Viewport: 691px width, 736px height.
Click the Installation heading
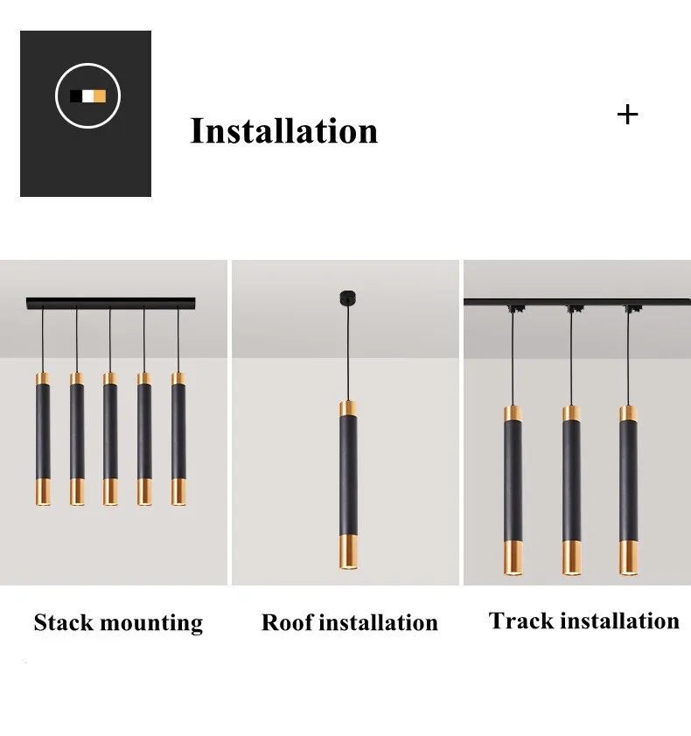(x=283, y=130)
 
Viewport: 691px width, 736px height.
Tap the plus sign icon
(x=628, y=115)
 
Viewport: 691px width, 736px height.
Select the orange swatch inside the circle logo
(x=100, y=96)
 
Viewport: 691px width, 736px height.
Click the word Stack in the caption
(x=64, y=622)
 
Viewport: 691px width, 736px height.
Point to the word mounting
(x=151, y=624)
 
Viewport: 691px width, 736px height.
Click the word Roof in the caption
(x=287, y=622)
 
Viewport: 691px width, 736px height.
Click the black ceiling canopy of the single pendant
(x=347, y=298)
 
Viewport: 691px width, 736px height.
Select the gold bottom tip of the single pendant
(x=348, y=551)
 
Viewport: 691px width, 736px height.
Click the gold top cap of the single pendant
(x=347, y=409)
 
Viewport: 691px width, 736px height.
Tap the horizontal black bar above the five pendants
(x=111, y=303)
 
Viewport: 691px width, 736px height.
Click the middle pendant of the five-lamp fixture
(x=110, y=438)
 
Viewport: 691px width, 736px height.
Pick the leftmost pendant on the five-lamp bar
(x=43, y=438)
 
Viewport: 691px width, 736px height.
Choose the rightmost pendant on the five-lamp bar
(x=178, y=438)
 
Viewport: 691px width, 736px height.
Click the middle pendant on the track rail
(x=571, y=490)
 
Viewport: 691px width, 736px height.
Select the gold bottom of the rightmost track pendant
(x=629, y=558)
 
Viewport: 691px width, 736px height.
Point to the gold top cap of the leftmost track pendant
(x=513, y=414)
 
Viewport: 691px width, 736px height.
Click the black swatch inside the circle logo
(x=75, y=96)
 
